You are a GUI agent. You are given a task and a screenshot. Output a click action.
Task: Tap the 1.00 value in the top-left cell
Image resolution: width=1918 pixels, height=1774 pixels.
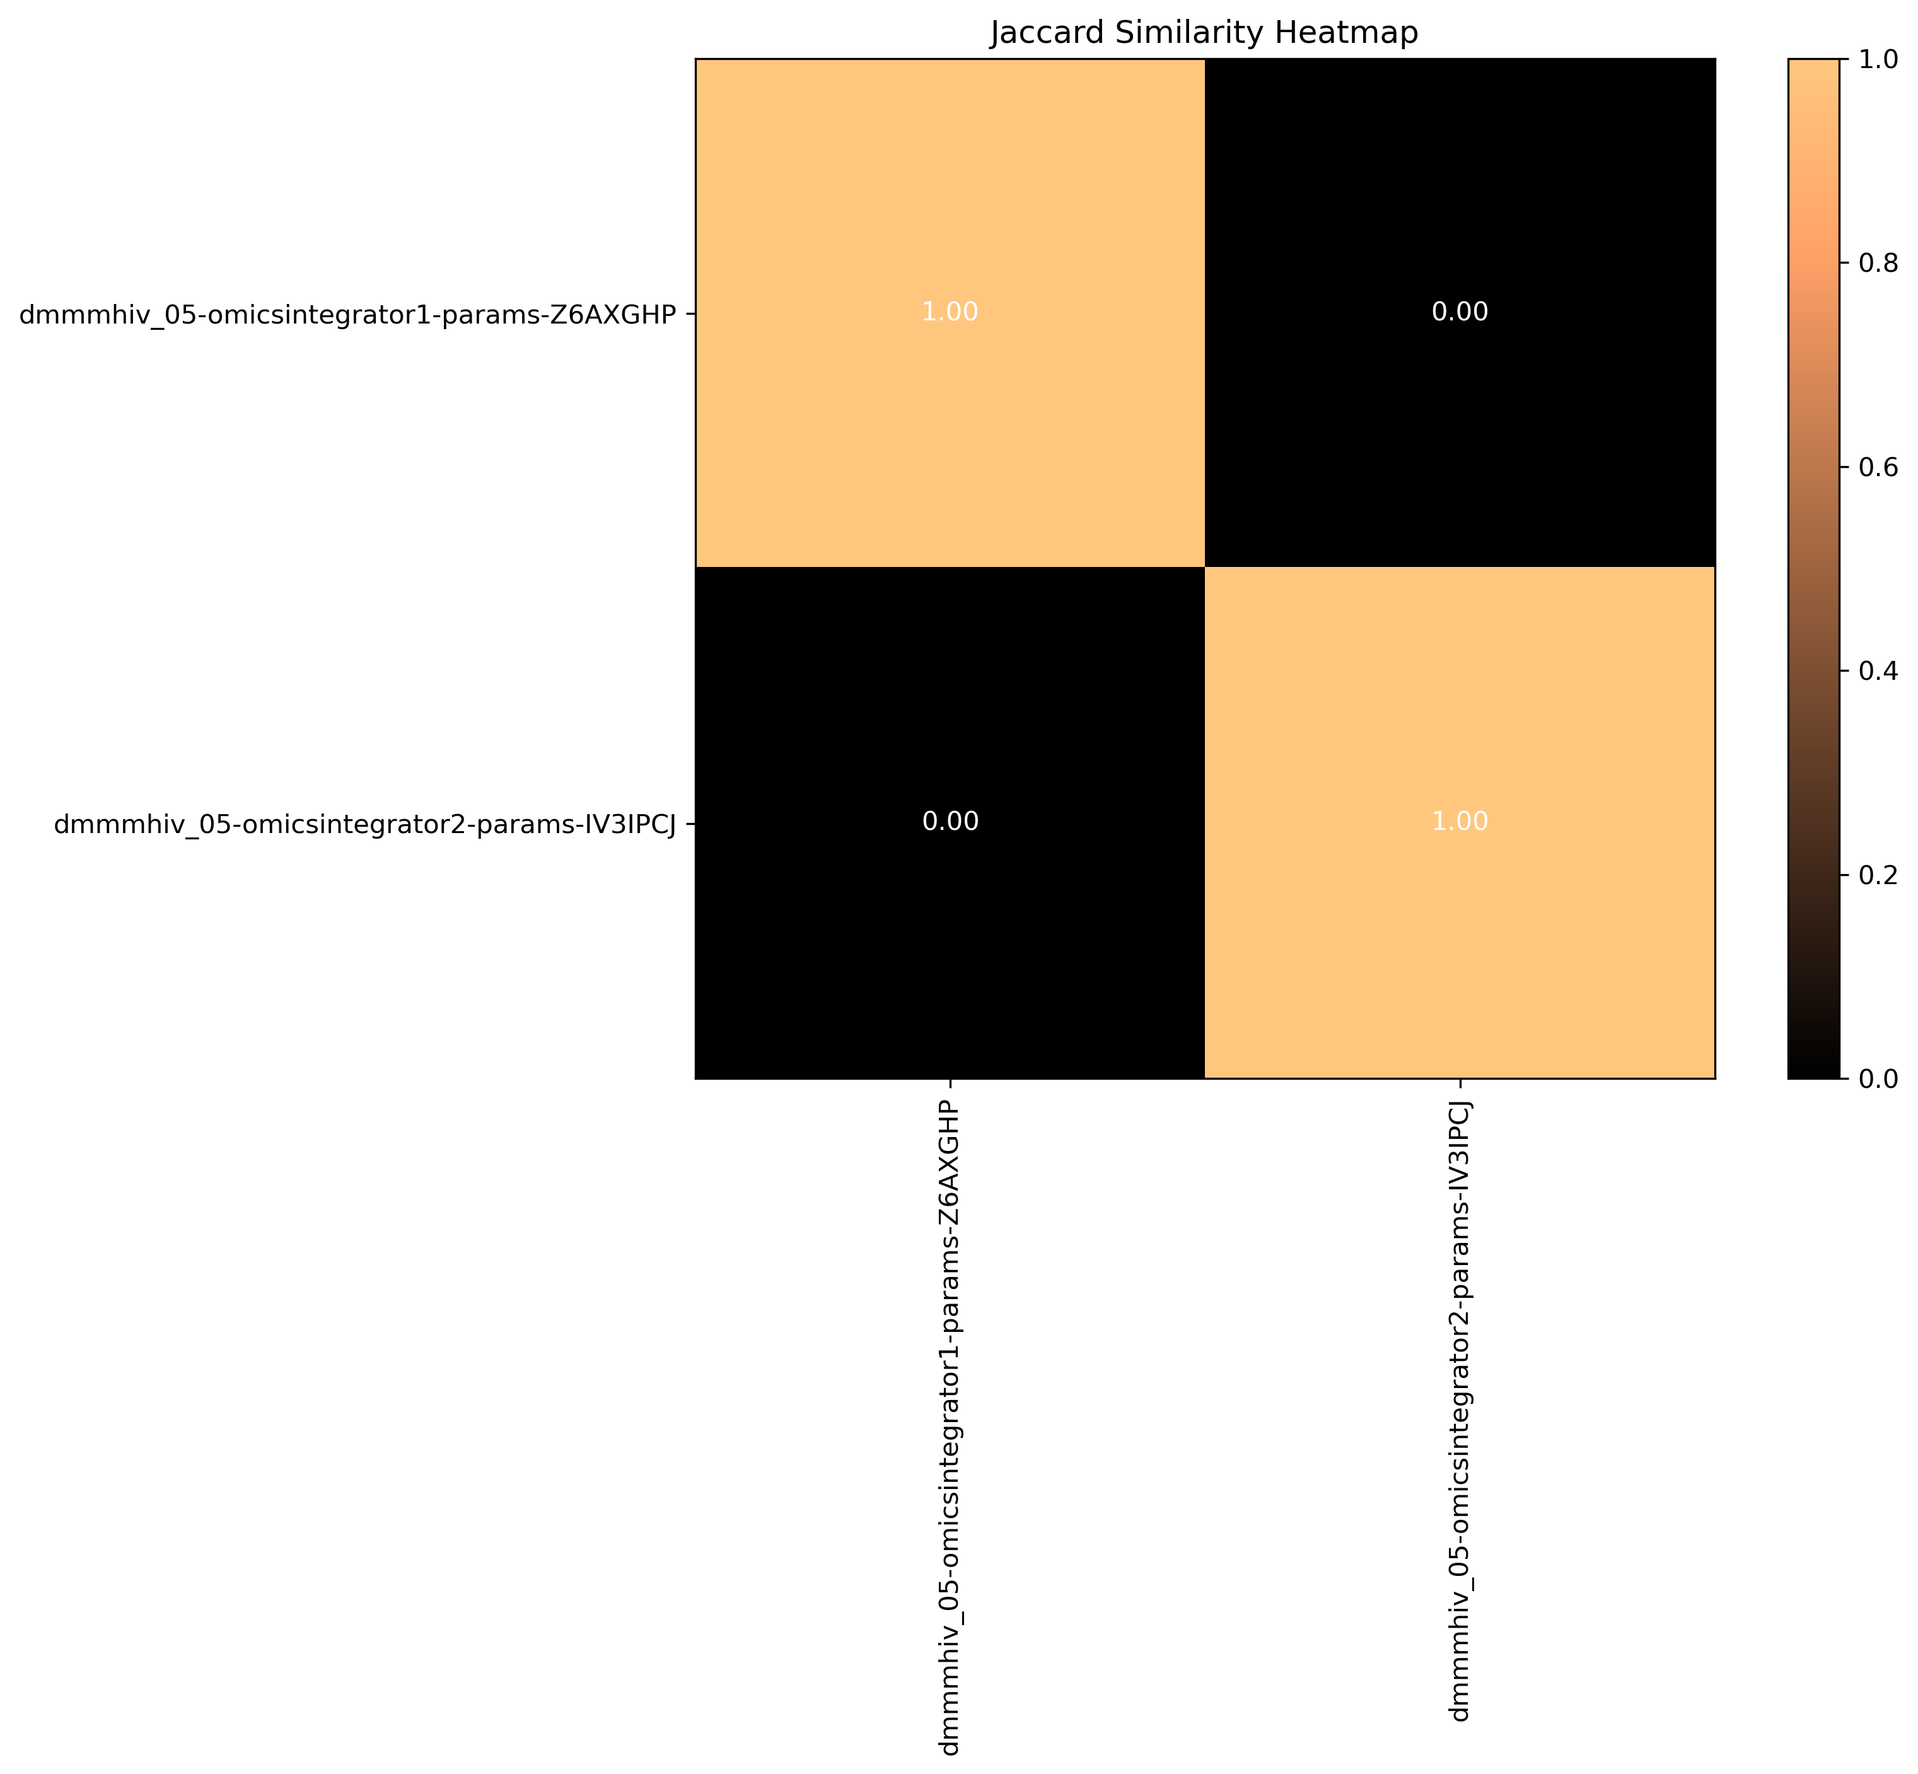pyautogui.click(x=950, y=312)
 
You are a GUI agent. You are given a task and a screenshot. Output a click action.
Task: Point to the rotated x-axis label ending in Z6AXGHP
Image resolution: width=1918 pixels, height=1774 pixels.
pyautogui.click(x=950, y=1430)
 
